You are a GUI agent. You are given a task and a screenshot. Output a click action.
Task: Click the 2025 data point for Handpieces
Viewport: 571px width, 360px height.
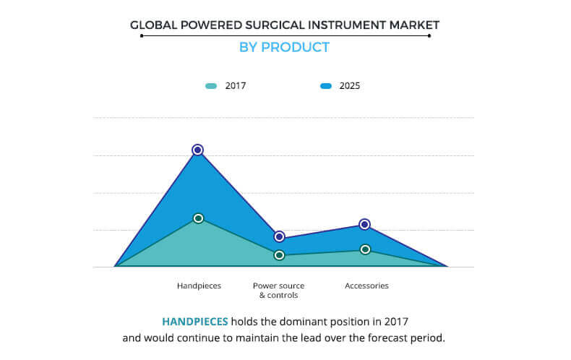point(198,150)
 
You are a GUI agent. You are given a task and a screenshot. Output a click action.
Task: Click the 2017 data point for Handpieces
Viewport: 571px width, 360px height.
point(199,218)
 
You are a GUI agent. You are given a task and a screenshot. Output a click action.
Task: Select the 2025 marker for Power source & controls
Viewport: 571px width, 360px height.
point(279,237)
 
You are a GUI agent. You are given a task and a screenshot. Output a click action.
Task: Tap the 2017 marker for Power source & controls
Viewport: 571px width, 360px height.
point(279,255)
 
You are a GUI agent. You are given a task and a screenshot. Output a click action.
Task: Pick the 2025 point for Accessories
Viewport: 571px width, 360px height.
point(364,224)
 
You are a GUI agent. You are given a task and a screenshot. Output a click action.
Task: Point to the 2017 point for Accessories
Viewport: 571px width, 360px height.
point(365,249)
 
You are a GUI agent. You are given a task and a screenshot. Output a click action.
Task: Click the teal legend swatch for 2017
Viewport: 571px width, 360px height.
point(211,86)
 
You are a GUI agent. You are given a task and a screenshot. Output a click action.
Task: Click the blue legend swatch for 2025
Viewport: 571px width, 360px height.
point(326,86)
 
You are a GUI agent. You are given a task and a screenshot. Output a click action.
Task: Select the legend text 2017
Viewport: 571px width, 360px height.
point(236,86)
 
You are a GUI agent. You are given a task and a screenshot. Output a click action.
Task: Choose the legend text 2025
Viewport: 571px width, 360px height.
point(350,86)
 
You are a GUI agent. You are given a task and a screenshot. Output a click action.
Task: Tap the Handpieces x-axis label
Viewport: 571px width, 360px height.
point(199,286)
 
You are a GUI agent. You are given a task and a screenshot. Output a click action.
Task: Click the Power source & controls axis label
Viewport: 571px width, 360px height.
point(278,291)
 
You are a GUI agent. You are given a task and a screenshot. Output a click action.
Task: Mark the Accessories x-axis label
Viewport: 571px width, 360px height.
point(366,286)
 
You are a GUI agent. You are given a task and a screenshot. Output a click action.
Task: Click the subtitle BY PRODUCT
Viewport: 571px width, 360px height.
point(284,48)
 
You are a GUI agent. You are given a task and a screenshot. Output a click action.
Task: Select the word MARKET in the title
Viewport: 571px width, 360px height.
point(414,25)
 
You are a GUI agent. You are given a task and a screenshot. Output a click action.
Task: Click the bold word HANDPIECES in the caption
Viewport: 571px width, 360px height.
point(195,322)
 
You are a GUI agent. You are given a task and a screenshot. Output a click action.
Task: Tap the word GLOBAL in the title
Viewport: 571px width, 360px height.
point(154,25)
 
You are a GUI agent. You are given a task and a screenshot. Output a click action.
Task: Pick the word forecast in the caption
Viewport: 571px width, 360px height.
point(387,338)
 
